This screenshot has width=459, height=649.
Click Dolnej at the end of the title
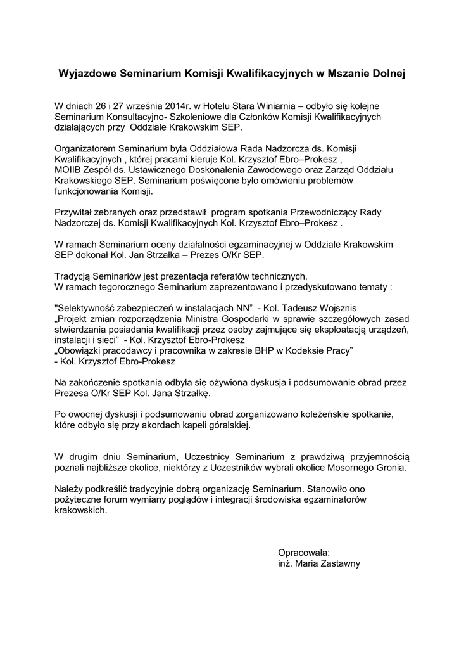pos(387,74)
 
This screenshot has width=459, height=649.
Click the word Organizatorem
pos(86,148)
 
